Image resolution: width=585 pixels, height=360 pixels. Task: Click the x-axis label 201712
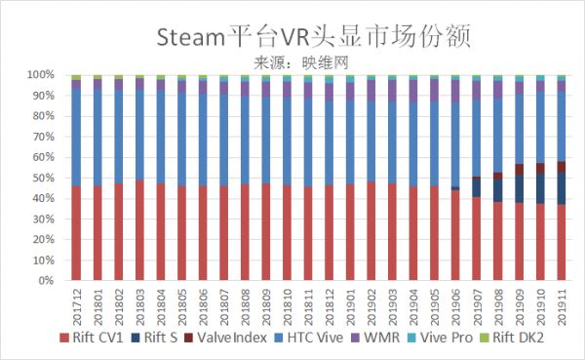76,304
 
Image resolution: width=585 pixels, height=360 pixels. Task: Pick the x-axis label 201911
561,304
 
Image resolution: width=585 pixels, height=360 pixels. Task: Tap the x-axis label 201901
350,304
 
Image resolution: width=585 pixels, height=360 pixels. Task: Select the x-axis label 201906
455,304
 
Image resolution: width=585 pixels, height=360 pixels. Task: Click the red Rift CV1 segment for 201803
139,230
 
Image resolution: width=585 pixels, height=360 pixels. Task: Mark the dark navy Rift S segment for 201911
561,188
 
